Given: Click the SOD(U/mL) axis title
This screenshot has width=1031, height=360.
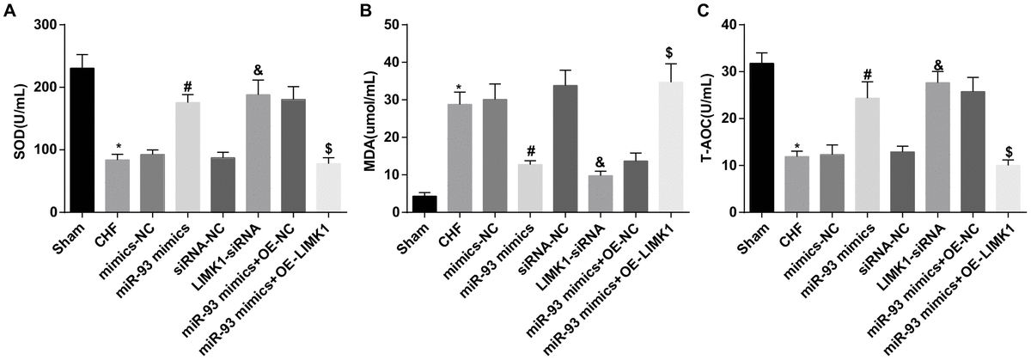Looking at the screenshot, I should pyautogui.click(x=15, y=120).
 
